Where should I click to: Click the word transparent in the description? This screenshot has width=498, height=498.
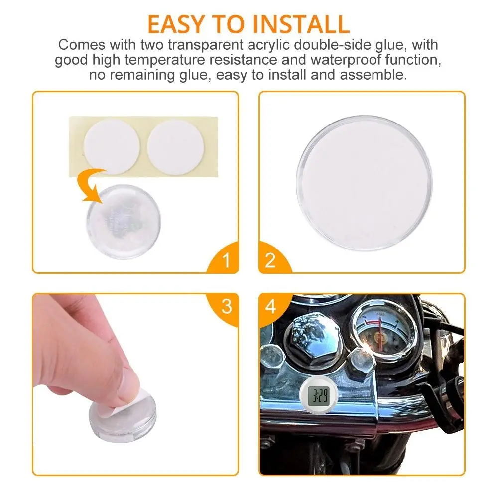[x=205, y=45]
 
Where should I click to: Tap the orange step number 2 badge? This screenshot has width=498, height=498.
[x=273, y=259]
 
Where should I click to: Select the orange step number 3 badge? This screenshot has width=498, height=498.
[x=225, y=308]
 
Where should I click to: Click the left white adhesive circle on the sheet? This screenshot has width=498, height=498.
[x=112, y=147]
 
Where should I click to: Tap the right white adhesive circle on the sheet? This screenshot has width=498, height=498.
[x=175, y=147]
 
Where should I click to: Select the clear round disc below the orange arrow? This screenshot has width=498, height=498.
[x=124, y=222]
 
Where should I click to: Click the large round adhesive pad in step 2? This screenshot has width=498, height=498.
[x=364, y=183]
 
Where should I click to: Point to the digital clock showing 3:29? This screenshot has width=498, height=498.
[x=319, y=395]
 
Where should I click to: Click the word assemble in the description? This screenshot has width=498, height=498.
[x=373, y=75]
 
